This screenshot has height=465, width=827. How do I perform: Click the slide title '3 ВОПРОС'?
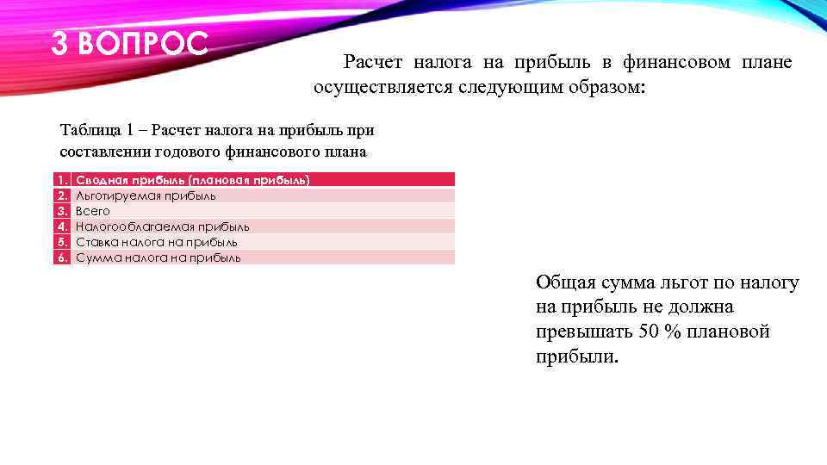129,43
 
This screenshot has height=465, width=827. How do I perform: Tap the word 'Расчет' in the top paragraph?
372,62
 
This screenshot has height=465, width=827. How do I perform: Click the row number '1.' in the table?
61,180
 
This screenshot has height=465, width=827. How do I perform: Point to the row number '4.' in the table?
61,226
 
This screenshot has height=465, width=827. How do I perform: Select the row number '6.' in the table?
61,257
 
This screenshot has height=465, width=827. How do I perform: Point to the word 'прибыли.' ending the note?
576,356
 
